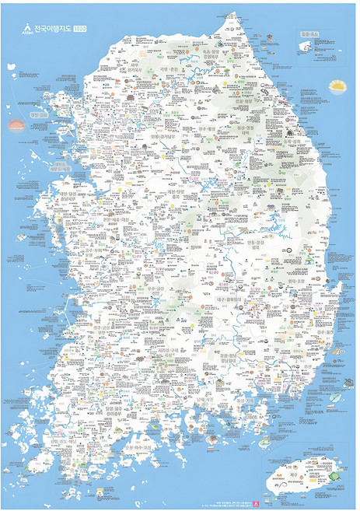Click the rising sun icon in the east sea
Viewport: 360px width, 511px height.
tap(337, 85)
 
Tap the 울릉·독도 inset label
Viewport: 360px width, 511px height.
tap(309, 35)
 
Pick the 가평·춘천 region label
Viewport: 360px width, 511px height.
tap(171, 68)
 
